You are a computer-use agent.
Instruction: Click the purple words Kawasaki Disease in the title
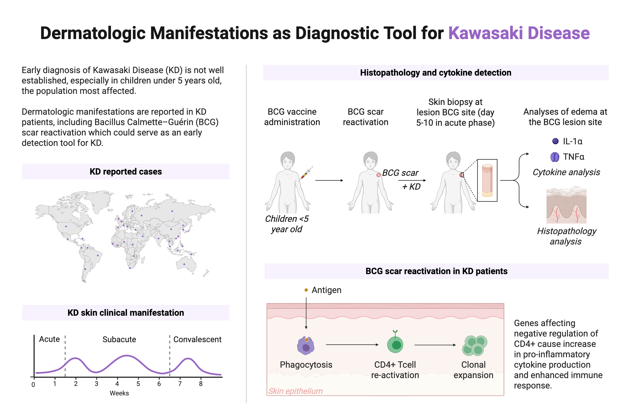click(518, 33)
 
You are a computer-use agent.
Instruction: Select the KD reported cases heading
click(126, 172)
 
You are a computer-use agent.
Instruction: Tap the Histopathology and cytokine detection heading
click(436, 73)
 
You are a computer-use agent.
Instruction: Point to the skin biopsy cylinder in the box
click(487, 181)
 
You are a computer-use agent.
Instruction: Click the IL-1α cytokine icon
click(555, 141)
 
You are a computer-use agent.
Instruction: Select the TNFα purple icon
click(555, 157)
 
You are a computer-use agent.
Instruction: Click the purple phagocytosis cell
click(306, 346)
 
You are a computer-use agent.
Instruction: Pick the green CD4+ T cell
click(396, 344)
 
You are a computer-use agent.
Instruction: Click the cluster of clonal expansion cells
click(474, 345)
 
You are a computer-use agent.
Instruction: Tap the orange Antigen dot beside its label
click(306, 290)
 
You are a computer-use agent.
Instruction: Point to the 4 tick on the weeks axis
click(117, 383)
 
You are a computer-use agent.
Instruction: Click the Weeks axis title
click(119, 393)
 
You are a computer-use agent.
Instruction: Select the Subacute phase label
click(119, 339)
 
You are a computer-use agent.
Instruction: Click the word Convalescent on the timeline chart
click(197, 339)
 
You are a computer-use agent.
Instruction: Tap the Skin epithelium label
click(295, 391)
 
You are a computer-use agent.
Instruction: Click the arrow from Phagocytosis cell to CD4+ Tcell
click(352, 345)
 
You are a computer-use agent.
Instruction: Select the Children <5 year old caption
click(287, 224)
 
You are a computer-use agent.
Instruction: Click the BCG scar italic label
click(400, 173)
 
